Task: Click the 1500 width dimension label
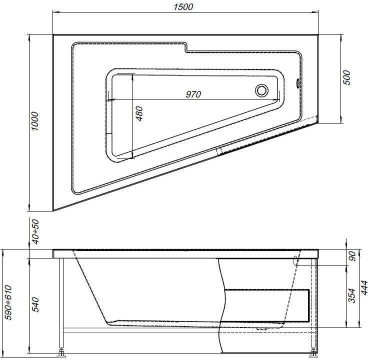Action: (183, 7)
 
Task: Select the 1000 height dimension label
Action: (34, 121)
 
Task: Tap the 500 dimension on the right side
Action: (346, 77)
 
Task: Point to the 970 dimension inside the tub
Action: (193, 94)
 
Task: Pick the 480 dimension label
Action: (139, 113)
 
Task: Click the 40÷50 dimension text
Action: (35, 231)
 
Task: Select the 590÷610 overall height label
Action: (8, 302)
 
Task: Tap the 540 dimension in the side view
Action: (35, 304)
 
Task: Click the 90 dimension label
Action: (352, 256)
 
